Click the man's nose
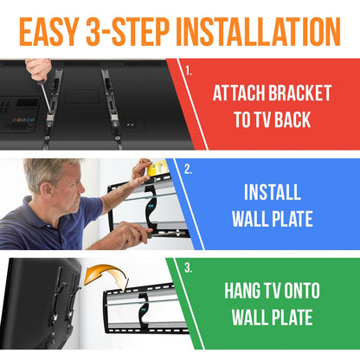coord(73,191)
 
